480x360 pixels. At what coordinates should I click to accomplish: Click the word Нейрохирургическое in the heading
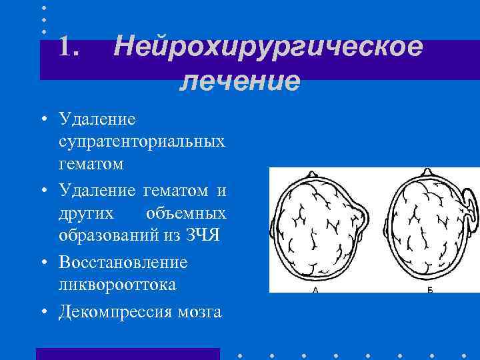tap(267, 48)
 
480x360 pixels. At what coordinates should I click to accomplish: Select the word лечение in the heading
tap(240, 81)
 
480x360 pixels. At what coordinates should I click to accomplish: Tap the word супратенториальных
tap(142, 142)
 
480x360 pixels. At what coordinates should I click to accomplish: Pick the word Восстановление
tap(123, 262)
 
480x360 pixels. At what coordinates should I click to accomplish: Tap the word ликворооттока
tap(117, 285)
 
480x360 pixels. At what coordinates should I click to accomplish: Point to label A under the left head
tap(314, 291)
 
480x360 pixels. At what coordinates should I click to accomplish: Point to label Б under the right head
tap(429, 291)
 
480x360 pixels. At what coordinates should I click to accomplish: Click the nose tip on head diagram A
tap(313, 173)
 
